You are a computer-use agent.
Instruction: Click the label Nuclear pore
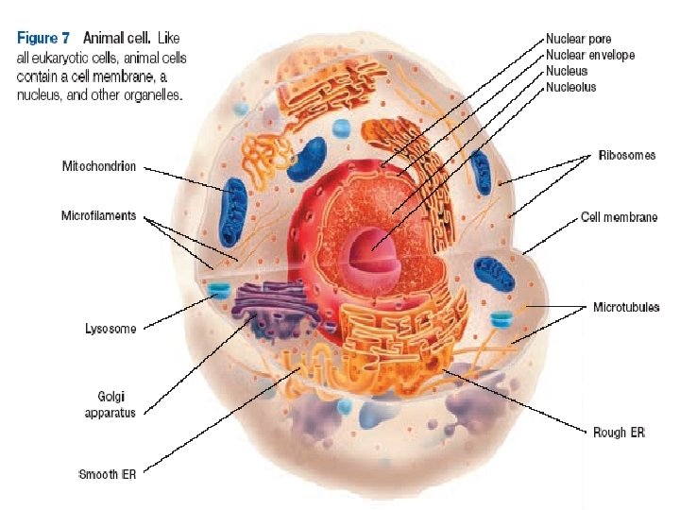(578, 40)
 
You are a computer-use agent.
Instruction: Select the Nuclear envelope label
(590, 55)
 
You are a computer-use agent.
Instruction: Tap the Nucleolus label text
(571, 87)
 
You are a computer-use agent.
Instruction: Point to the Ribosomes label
(626, 155)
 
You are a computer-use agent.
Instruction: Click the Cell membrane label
(619, 217)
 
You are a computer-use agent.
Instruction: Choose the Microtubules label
(626, 307)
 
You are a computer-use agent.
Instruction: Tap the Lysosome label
(110, 329)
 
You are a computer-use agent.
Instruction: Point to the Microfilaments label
(98, 215)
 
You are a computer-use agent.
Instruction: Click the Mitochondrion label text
(98, 166)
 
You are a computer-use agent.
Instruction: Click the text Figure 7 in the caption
(46, 39)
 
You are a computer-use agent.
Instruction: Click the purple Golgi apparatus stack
(273, 308)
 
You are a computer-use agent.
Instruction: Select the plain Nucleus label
(567, 71)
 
